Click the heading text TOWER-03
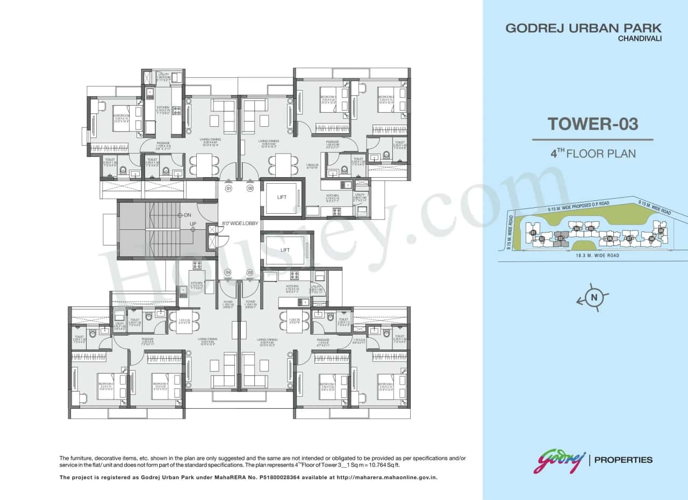click(593, 124)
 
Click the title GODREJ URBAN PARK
click(583, 28)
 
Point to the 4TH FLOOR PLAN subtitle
click(593, 154)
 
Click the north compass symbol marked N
click(594, 297)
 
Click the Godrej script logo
click(559, 461)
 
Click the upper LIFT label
click(282, 197)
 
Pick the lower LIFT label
click(285, 250)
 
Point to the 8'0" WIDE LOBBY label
click(240, 223)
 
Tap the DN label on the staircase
click(187, 215)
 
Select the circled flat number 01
click(228, 189)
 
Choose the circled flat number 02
click(250, 189)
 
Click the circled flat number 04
click(228, 272)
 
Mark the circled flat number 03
click(250, 272)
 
